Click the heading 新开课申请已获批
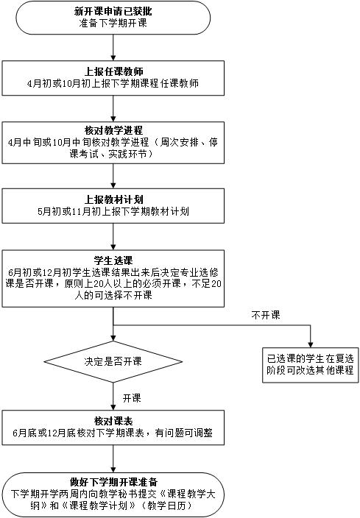pos(113,11)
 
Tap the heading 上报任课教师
pos(113,71)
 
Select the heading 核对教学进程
pos(113,130)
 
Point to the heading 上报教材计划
pos(113,199)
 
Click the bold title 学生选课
pos(113,260)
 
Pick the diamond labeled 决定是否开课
pos(113,361)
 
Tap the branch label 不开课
pos(266,315)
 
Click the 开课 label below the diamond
pos(132,398)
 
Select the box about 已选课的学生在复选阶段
pos(311,365)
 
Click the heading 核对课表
pos(113,421)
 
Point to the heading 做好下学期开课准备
pos(113,482)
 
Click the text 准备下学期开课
pos(113,23)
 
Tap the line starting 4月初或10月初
pos(113,83)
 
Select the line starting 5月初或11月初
pos(113,211)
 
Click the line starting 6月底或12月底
pos(113,433)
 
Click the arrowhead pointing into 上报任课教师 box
pos(113,58)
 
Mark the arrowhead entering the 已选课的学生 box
pos(311,344)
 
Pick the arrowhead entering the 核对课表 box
pos(113,408)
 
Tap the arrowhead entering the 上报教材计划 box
pos(113,185)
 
